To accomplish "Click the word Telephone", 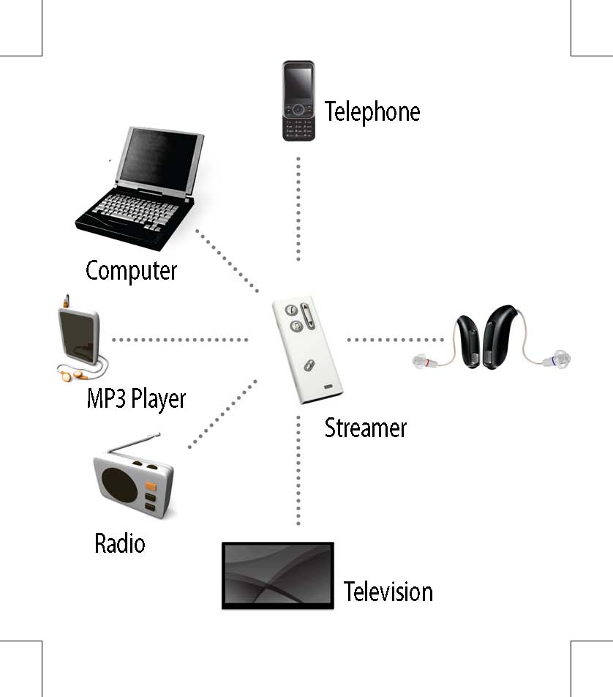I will [x=372, y=112].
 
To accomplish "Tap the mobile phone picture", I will [x=298, y=101].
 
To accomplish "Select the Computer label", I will [x=132, y=270].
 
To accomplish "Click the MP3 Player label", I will [x=137, y=399].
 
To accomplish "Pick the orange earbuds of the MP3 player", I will [x=67, y=375].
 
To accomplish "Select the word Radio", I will [x=120, y=544].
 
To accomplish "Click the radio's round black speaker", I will [x=119, y=484].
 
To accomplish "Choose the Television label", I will [x=388, y=591].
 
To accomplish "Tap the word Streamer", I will [x=365, y=428].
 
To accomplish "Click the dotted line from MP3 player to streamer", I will [x=180, y=340].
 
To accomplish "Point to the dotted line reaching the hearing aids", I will [x=395, y=340].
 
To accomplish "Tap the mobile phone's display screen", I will [x=298, y=83].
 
